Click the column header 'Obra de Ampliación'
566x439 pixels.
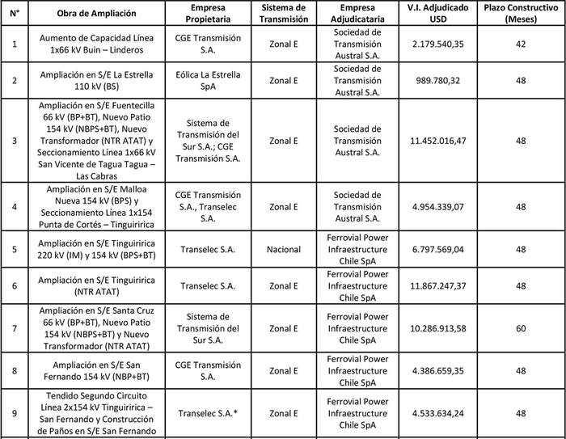click(96, 15)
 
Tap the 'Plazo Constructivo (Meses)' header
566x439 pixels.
click(522, 15)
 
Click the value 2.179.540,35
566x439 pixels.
click(437, 43)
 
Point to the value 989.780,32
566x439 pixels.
click(437, 81)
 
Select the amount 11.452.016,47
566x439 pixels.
click(437, 141)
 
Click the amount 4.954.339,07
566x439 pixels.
click(437, 207)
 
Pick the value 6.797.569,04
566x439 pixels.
click(437, 250)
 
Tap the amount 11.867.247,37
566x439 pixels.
click(437, 285)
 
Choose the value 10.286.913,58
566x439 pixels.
click(437, 328)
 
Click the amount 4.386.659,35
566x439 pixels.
click(437, 371)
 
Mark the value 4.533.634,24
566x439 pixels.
click(437, 414)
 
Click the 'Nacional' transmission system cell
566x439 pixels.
click(283, 250)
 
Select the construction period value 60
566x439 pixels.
click(522, 328)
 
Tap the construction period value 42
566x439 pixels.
click(522, 43)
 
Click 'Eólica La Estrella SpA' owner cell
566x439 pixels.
click(208, 81)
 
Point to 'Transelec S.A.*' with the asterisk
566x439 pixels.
click(208, 414)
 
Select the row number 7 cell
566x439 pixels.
click(13, 328)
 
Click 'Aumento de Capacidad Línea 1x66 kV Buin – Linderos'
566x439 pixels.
click(96, 43)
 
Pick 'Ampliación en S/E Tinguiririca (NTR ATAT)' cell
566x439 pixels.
click(96, 285)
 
